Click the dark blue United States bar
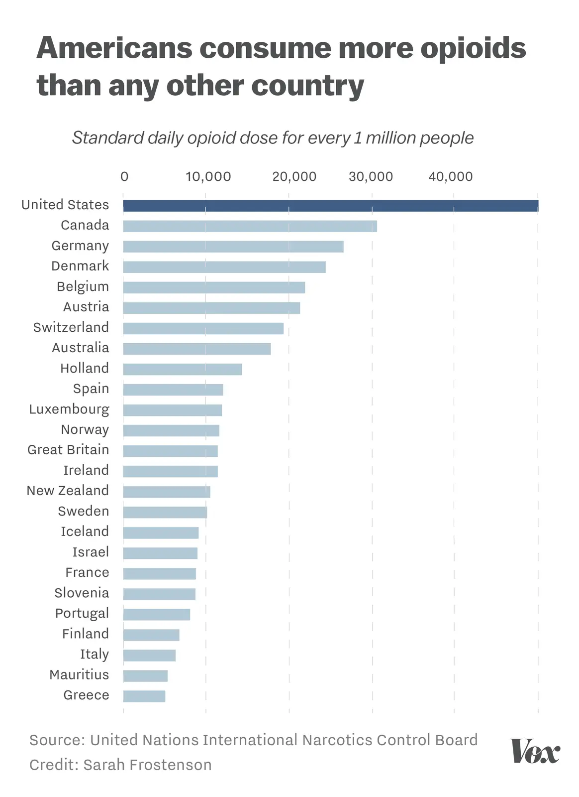click(330, 206)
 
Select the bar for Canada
click(250, 226)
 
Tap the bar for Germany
click(233, 247)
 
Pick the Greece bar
click(144, 696)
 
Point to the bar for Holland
click(182, 369)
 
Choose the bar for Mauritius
click(145, 675)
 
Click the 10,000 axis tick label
click(208, 176)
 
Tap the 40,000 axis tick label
click(451, 176)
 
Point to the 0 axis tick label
click(124, 176)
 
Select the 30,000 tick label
click(371, 176)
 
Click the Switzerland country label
click(71, 327)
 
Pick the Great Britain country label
click(68, 450)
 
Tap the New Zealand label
click(68, 491)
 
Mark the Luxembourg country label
click(69, 409)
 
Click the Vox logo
click(535, 751)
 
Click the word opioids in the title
click(473, 48)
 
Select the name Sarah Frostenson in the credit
click(147, 765)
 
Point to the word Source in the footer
click(56, 740)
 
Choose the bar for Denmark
click(224, 267)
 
